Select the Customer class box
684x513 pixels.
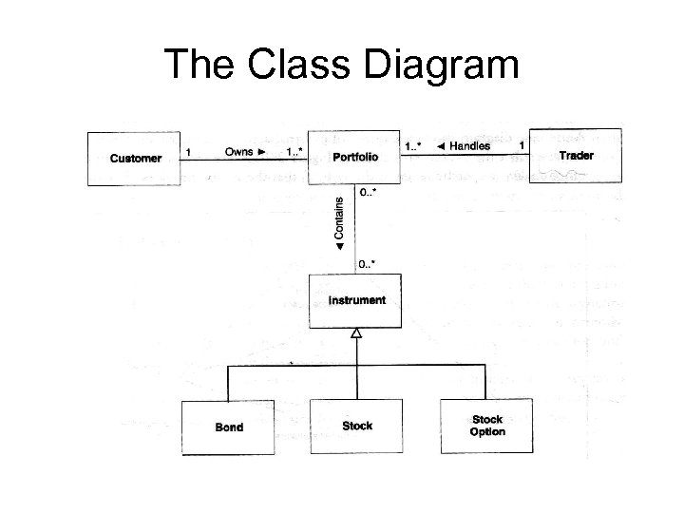(x=135, y=158)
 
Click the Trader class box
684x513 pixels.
(x=576, y=154)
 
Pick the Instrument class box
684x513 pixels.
(x=357, y=301)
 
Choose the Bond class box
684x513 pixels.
(x=228, y=427)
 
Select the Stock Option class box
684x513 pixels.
(x=487, y=426)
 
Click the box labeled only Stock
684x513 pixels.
(x=357, y=426)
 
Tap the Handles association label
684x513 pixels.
(x=468, y=146)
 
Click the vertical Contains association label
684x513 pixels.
(x=340, y=224)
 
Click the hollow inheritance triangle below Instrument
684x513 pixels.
(x=357, y=333)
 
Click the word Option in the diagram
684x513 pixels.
(x=487, y=432)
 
